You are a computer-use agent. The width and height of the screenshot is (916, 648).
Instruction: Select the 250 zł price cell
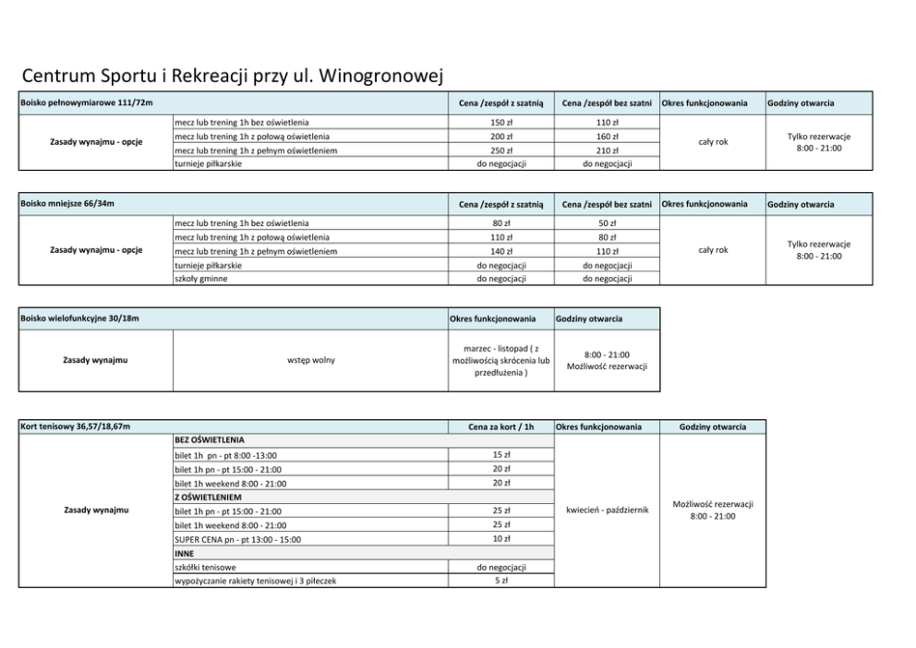500,150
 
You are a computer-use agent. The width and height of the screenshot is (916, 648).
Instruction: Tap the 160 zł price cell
607,137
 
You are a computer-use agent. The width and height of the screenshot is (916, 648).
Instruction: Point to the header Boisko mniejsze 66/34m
67,203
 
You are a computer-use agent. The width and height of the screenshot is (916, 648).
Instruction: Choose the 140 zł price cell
500,251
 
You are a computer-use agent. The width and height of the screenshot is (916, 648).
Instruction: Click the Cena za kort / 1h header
500,426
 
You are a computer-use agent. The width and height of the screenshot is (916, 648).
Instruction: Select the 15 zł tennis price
500,454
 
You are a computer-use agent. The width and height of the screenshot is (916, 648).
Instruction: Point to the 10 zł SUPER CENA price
500,538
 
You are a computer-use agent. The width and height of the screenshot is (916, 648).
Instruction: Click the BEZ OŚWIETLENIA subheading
210,440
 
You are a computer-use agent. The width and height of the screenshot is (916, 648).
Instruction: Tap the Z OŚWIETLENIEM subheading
208,497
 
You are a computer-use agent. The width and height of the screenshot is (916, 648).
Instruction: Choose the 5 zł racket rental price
500,581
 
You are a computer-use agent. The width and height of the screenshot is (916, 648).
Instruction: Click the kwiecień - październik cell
607,510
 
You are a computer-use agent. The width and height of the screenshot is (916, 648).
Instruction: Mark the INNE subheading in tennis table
185,553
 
